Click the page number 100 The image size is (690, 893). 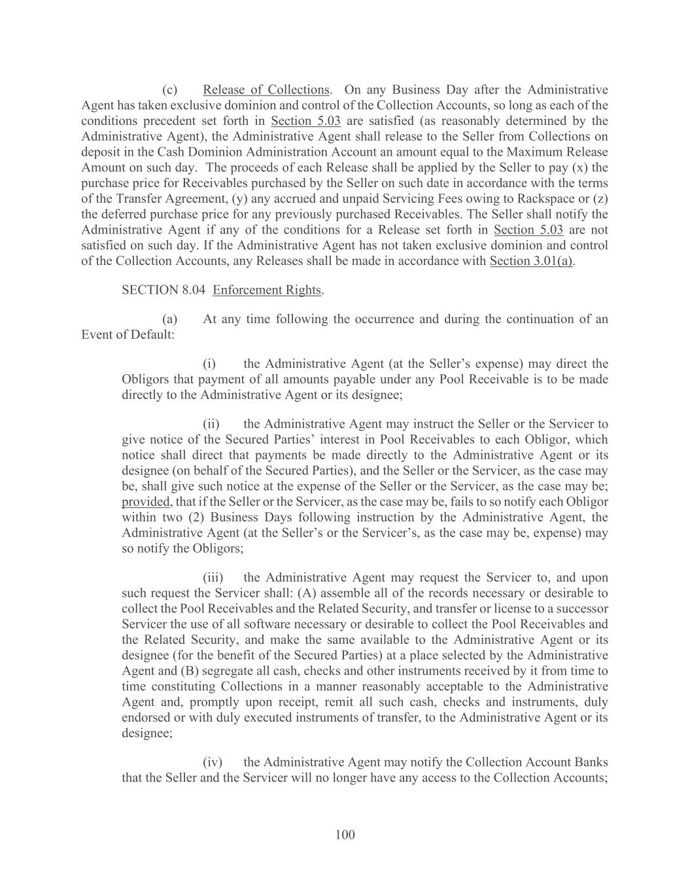pos(345,835)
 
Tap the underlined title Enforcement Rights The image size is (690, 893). pos(267,290)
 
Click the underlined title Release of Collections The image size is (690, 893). pos(266,90)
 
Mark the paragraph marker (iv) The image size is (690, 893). pos(213,763)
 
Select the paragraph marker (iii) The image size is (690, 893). pos(213,578)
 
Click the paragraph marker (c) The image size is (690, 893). pos(170,90)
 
